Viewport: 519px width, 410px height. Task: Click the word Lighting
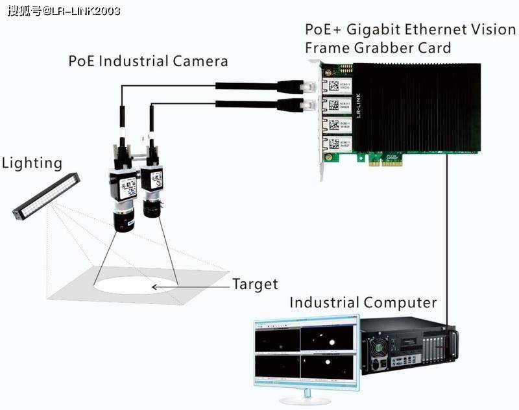tap(32, 163)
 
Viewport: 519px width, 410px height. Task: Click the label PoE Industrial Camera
tap(148, 62)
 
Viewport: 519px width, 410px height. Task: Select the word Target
tap(255, 284)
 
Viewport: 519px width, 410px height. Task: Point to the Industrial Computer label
tap(363, 303)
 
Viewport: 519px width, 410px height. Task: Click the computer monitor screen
tap(305, 354)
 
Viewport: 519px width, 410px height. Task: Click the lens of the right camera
tap(153, 209)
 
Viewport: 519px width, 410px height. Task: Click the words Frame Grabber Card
tap(378, 48)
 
